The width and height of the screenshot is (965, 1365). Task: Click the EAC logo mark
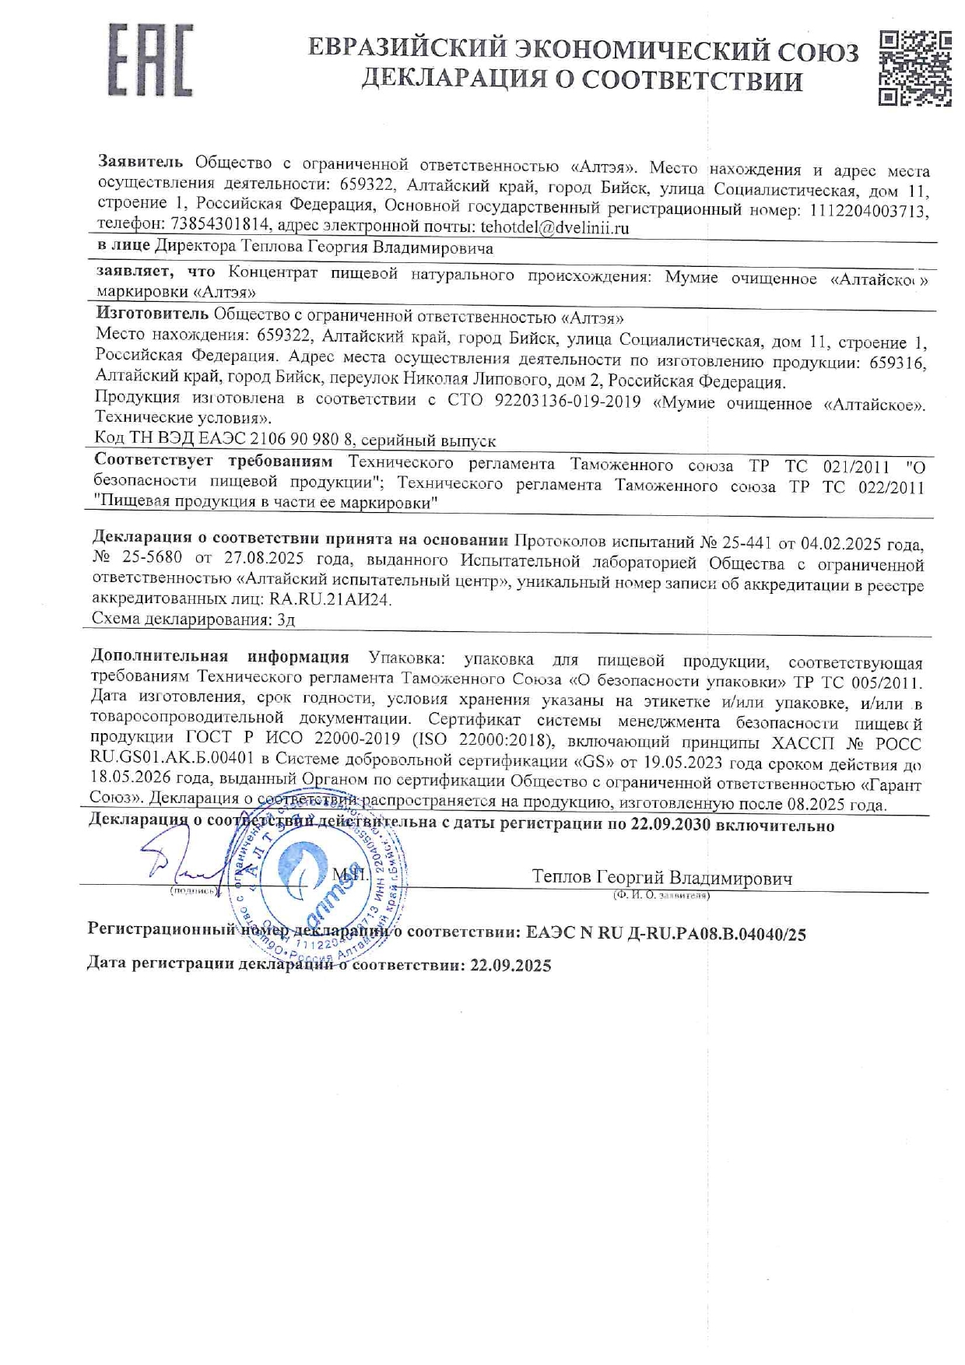tap(150, 60)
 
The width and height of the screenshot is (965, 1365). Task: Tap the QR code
tap(915, 68)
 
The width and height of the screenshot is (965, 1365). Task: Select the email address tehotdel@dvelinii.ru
tap(554, 228)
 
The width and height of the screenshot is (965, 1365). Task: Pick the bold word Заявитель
tap(140, 162)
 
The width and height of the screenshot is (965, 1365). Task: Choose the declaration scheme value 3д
tap(286, 620)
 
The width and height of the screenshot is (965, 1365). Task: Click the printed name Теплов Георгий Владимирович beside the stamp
tap(661, 879)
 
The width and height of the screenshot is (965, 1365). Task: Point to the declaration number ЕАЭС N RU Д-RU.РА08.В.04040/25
tap(665, 934)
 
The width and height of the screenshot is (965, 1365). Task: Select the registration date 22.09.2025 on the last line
tap(511, 967)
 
